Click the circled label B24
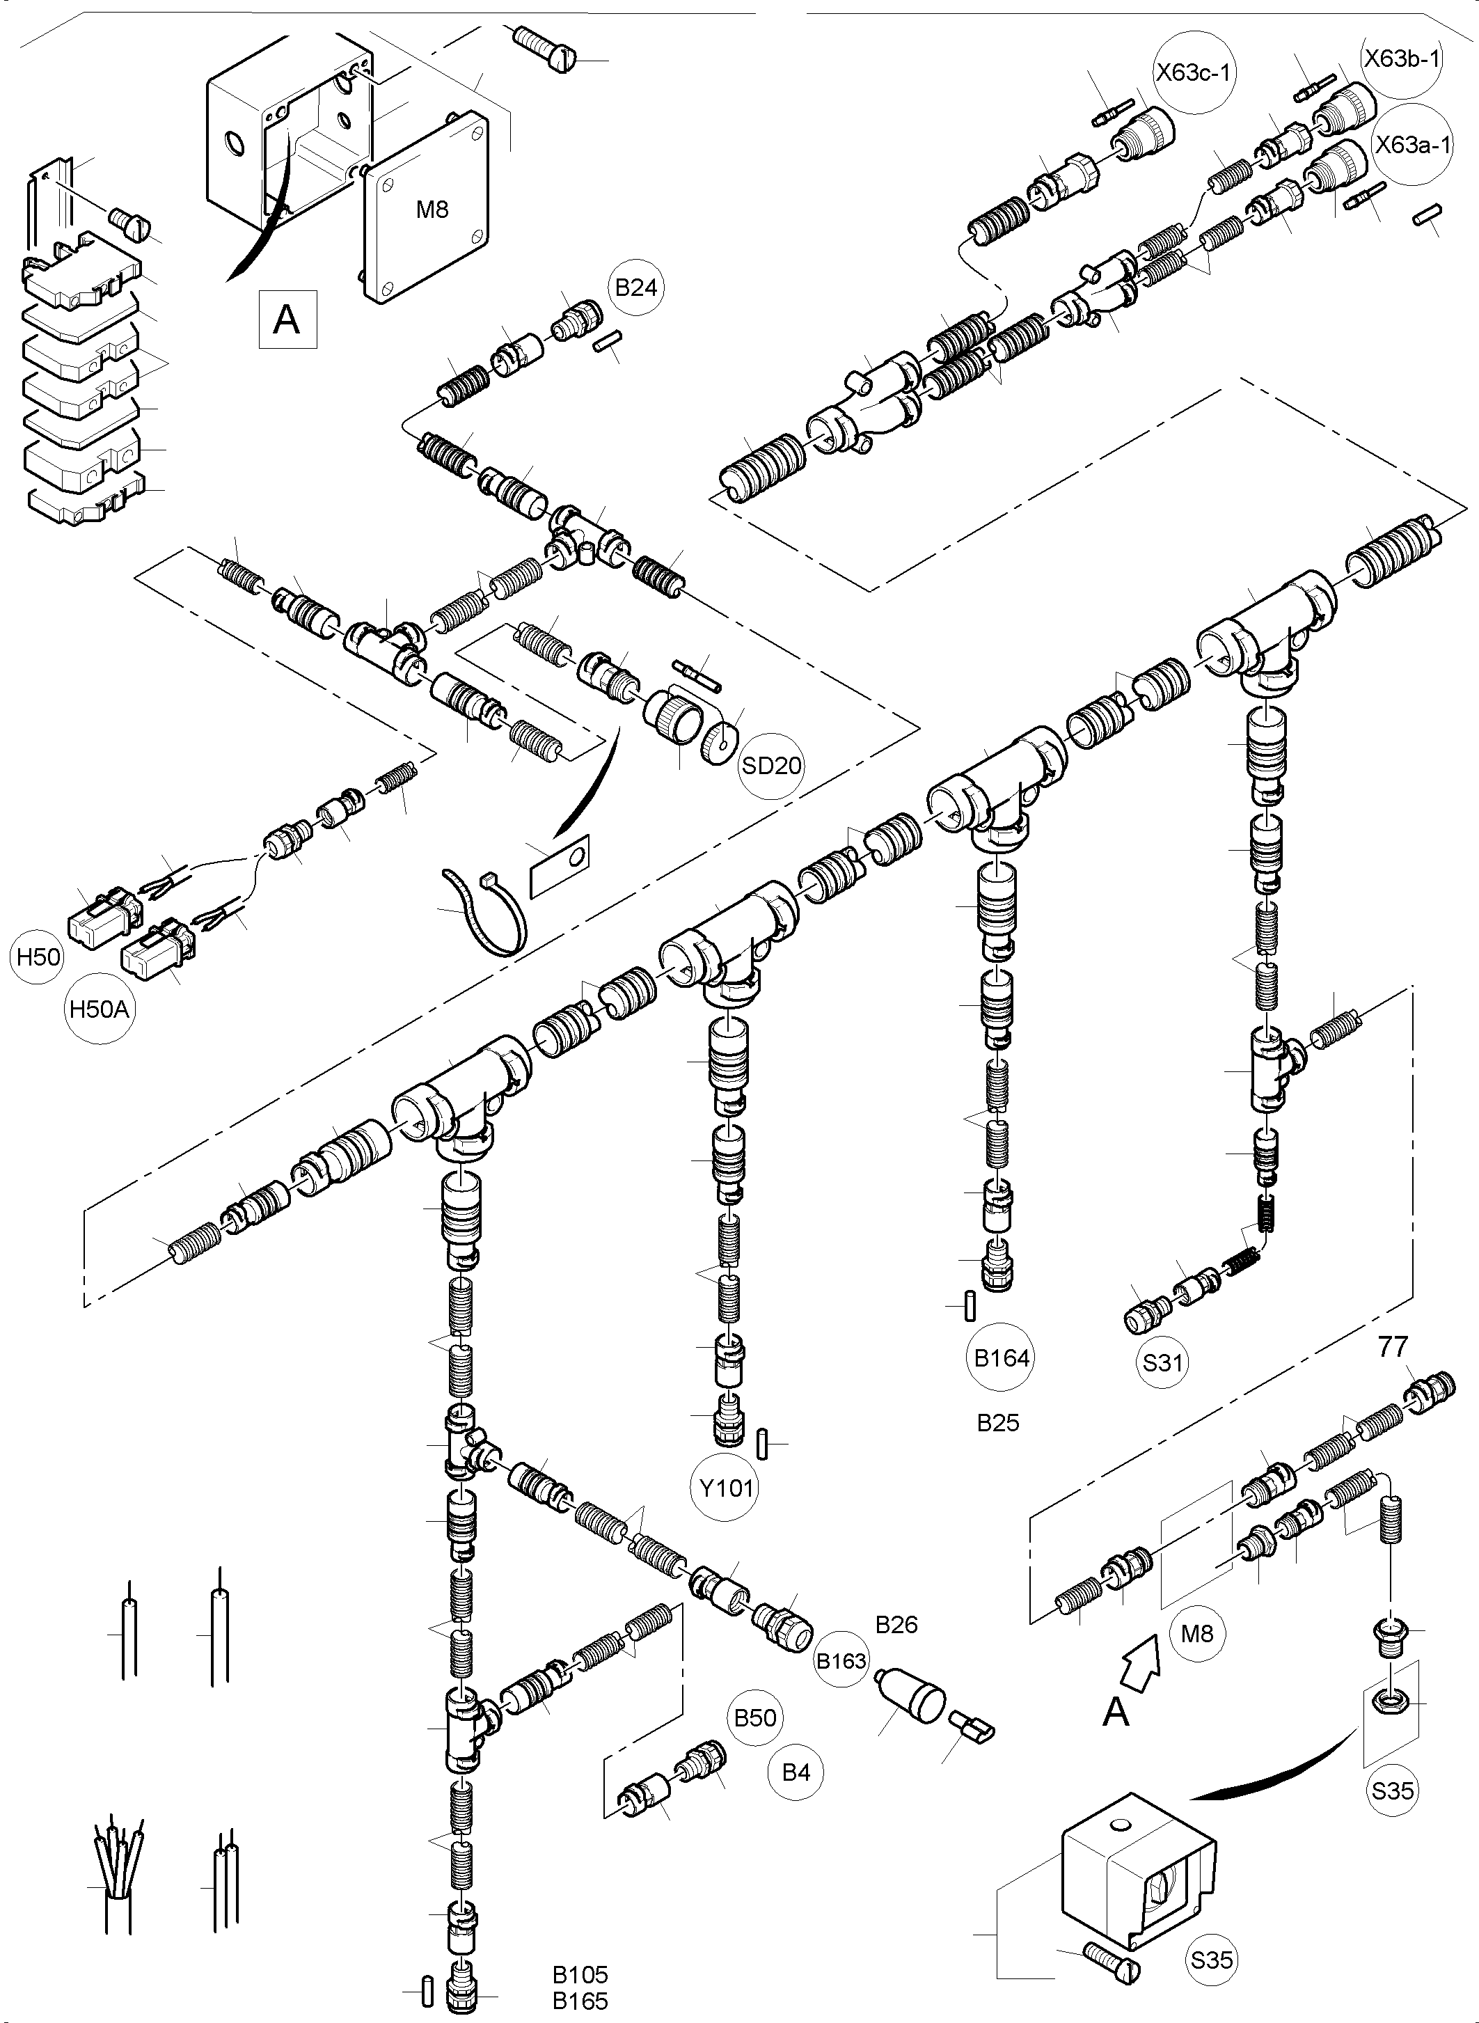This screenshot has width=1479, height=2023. coord(637,288)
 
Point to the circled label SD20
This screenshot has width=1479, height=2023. coord(772,766)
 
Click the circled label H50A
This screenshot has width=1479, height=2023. coord(100,1009)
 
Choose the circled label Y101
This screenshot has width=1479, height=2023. coord(726,1488)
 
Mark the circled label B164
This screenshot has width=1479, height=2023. coord(1002,1358)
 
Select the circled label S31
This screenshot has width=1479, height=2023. coord(1163,1363)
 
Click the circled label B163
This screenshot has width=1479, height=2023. coord(841,1661)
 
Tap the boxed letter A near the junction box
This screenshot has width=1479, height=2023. coord(287,319)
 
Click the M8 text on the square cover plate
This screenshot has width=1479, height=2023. coord(432,210)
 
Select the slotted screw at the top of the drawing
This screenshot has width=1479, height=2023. coord(544,49)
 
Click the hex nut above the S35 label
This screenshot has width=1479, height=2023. coord(1391,1699)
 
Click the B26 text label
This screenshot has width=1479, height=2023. coord(896,1626)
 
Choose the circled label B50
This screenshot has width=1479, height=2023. coord(754,1717)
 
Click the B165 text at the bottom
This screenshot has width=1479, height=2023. coord(580,2001)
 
